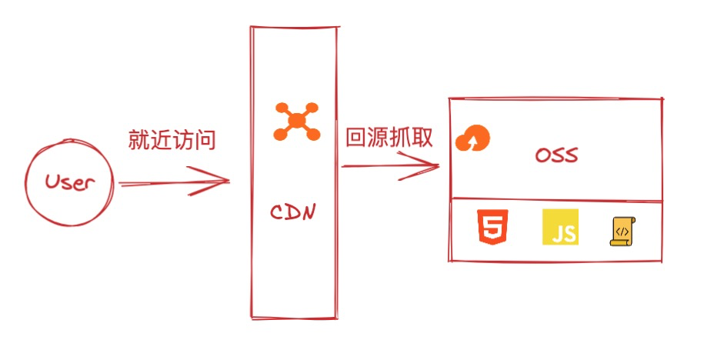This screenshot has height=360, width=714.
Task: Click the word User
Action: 69,184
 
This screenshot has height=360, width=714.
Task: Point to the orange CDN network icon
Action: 296,122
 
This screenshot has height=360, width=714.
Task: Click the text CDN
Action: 293,211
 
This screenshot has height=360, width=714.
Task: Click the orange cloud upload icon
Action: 472,139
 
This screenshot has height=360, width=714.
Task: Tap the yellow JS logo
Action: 560,227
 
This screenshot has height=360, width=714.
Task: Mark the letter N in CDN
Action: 309,211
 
